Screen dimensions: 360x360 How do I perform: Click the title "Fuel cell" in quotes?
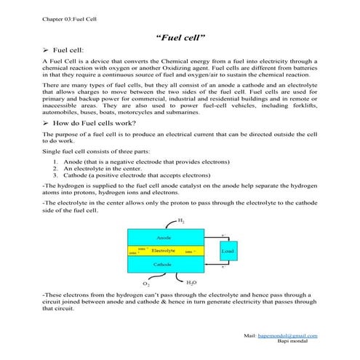click(180, 35)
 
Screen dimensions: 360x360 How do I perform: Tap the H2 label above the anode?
click(181, 220)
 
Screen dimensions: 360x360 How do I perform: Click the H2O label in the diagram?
click(191, 282)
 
